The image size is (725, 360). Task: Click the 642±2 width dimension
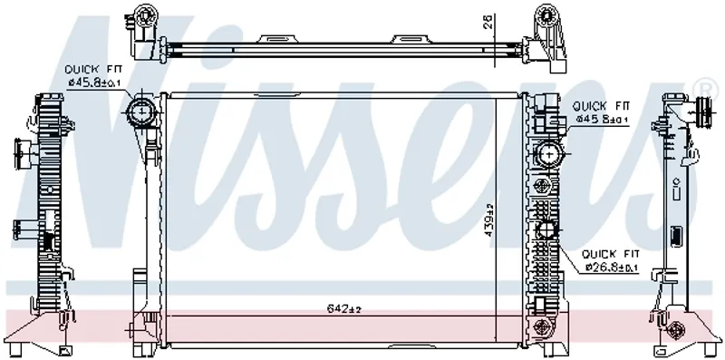[343, 308]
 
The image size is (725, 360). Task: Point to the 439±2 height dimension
[489, 221]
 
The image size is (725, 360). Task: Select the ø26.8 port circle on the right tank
[548, 229]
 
